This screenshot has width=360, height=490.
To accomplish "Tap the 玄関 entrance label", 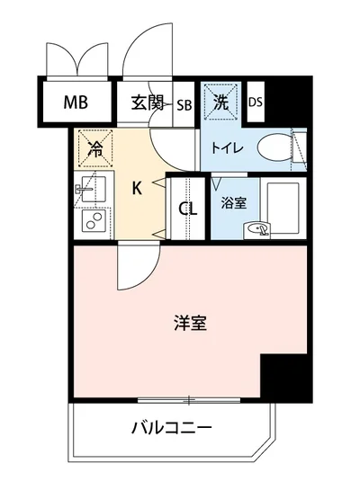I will tap(147, 101).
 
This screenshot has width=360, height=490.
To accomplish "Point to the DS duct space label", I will tap(255, 102).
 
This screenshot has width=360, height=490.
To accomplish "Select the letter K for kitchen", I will tap(137, 188).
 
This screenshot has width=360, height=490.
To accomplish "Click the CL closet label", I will tap(187, 210).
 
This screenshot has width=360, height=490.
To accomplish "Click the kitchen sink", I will tap(94, 191).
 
